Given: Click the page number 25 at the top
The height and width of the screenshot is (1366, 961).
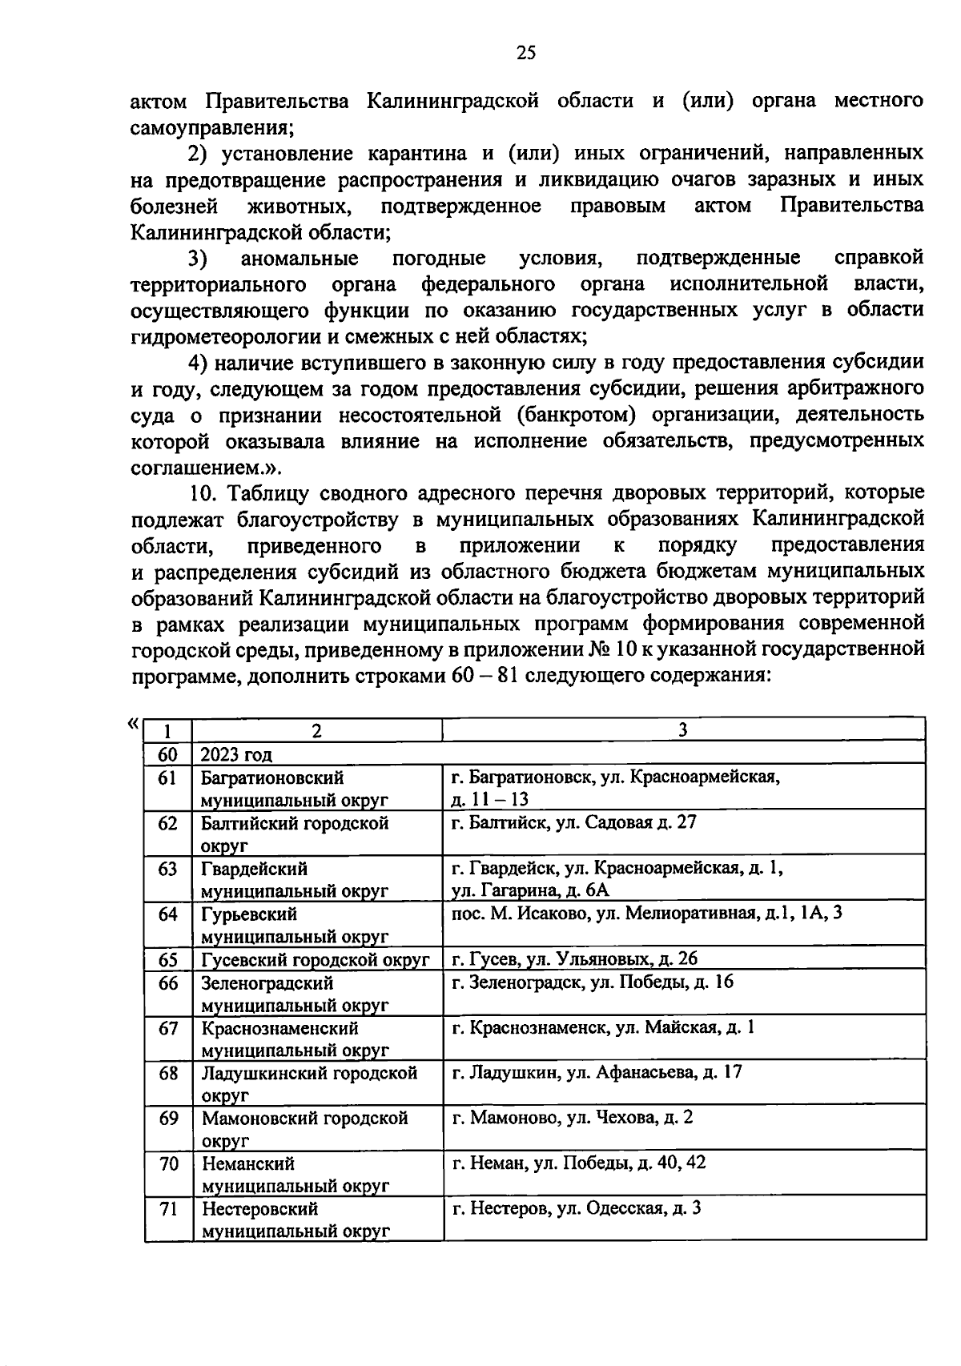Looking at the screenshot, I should click(525, 53).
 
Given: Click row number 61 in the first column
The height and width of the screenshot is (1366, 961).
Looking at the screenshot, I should click(167, 777).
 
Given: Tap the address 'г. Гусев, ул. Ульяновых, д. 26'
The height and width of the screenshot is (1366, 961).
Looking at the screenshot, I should click(575, 958).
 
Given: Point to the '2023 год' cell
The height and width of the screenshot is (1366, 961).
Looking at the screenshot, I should click(236, 753).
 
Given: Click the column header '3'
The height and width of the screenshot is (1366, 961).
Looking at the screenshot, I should click(682, 729).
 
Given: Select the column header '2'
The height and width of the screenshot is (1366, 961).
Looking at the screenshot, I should click(317, 729).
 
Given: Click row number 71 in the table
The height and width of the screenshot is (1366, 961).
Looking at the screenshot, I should click(167, 1208).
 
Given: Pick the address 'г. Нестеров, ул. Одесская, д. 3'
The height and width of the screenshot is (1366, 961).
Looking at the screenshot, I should click(577, 1208).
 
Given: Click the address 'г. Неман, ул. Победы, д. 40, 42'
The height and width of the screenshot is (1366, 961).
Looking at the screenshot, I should click(579, 1163).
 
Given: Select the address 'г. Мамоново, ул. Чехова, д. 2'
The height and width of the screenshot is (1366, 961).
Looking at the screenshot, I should click(573, 1117).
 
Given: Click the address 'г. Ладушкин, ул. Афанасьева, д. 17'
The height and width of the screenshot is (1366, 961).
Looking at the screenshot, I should click(597, 1072).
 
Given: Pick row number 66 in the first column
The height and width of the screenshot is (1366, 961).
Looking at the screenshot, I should click(167, 982).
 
